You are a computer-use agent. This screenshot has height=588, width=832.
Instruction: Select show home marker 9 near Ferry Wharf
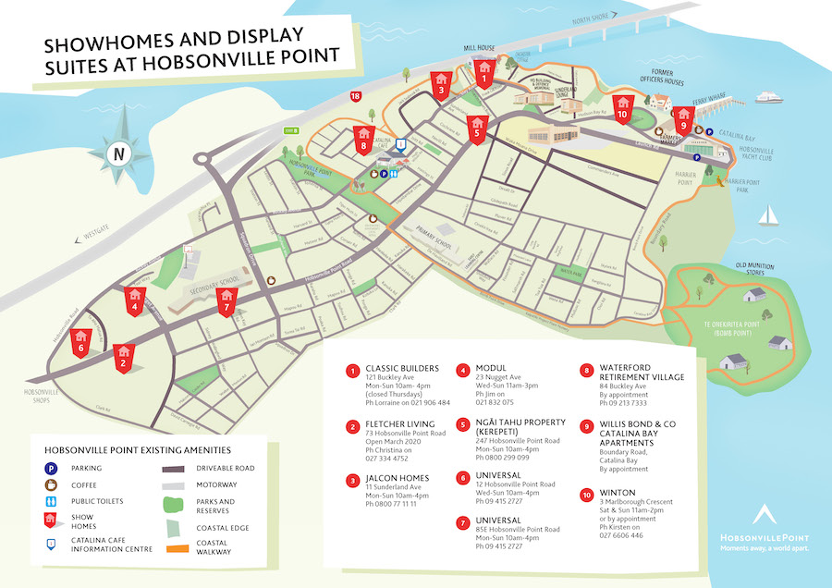point(683,117)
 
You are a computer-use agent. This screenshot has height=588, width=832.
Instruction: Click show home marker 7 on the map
point(226,300)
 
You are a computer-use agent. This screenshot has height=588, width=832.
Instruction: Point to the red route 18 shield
point(356,95)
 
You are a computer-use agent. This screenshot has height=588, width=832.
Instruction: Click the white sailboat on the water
point(767,216)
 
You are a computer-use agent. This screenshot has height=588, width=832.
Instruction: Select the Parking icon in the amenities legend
point(53,468)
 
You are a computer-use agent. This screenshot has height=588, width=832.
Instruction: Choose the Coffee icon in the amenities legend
point(53,484)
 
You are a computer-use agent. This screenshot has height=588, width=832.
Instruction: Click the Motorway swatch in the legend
point(179,485)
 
